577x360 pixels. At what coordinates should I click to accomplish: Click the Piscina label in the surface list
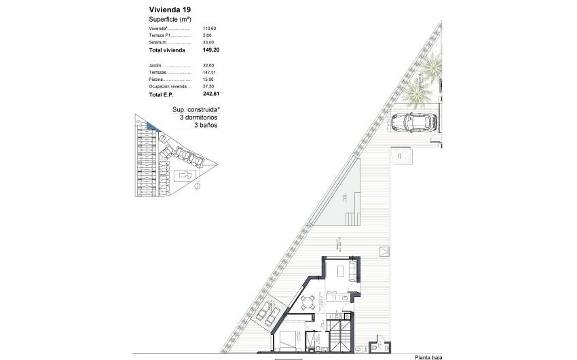coord(155,79)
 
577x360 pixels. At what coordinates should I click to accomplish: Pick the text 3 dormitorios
coord(198,118)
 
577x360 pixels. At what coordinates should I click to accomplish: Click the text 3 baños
coord(206,126)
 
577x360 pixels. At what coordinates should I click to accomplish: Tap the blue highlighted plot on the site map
coord(152,127)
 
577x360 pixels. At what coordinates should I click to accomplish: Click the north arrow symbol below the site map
coord(197,185)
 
